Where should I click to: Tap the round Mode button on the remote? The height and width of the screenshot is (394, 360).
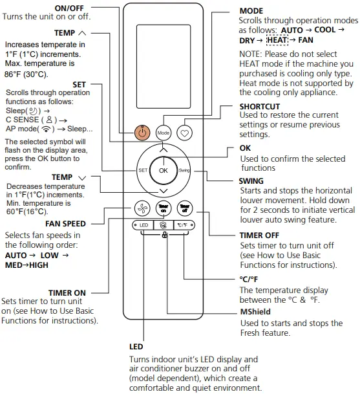tap(164, 132)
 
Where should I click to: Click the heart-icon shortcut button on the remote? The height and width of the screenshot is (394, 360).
tap(185, 132)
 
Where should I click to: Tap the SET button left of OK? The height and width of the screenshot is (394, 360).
tap(143, 170)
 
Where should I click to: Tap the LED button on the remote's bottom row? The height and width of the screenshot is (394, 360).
tap(143, 225)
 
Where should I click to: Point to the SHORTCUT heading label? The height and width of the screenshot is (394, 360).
tap(260, 106)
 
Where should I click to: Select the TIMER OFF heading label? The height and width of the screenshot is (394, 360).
tap(259, 235)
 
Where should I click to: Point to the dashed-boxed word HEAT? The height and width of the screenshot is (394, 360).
tap(277, 40)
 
